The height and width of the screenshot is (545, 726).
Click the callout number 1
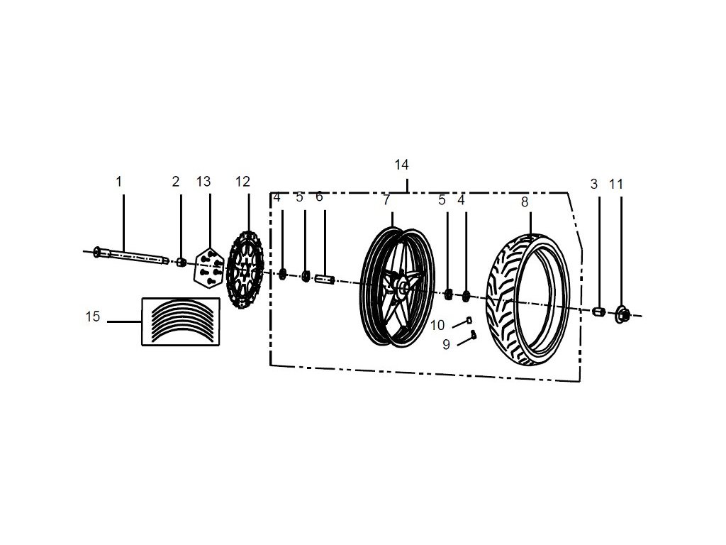(x=119, y=182)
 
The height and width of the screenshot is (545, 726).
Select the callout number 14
(x=401, y=165)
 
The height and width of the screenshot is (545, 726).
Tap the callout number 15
(x=93, y=316)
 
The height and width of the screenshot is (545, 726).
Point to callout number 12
(x=242, y=182)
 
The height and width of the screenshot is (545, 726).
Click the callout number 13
(x=203, y=182)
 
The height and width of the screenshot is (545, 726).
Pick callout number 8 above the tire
(x=525, y=202)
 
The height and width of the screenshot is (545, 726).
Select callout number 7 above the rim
(x=386, y=200)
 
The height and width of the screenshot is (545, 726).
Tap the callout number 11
(x=616, y=184)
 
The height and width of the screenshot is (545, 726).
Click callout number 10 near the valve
(x=437, y=325)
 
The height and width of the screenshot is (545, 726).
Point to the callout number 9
(x=446, y=345)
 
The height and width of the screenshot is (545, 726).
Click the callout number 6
(x=319, y=197)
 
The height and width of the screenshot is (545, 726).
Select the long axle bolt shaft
(x=131, y=256)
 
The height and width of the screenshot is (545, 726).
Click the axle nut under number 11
(x=622, y=313)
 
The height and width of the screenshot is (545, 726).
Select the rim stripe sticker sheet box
(x=181, y=321)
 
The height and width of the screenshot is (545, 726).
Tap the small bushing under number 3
(x=598, y=311)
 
